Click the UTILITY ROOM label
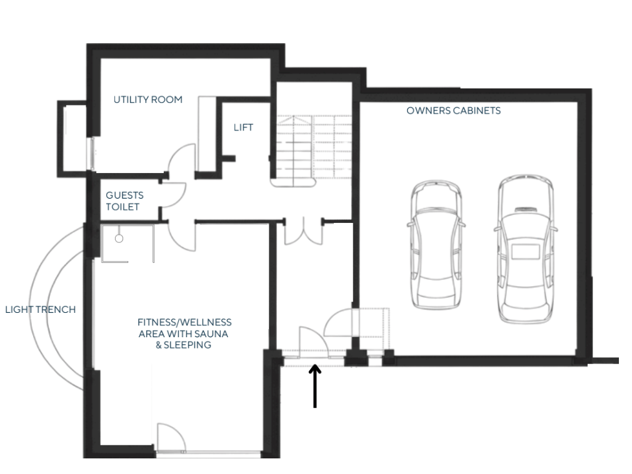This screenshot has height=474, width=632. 148,99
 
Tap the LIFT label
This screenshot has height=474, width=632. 243,127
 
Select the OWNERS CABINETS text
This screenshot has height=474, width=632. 453,111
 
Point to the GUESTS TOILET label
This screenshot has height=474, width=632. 124,201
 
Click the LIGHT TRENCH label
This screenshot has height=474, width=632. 40,310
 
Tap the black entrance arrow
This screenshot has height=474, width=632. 315,386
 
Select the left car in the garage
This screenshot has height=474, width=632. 436,245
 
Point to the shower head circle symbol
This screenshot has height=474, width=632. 119,239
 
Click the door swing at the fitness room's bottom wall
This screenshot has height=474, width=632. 171,437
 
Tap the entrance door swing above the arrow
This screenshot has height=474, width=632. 313,342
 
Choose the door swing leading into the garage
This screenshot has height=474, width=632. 339,322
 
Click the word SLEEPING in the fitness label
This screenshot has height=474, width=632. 187,345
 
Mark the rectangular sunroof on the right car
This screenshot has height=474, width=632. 526,251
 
